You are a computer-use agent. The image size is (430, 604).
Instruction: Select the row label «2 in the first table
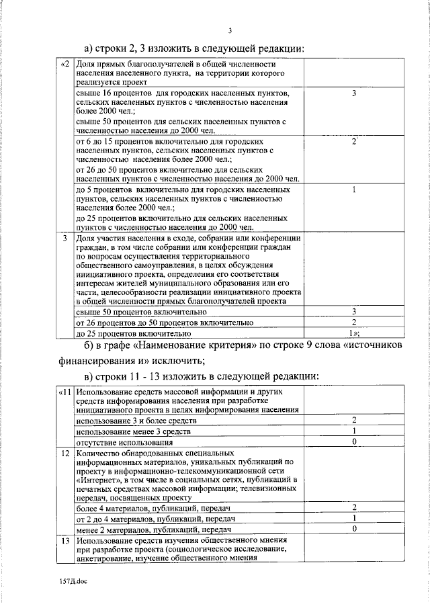pyautogui.click(x=64, y=64)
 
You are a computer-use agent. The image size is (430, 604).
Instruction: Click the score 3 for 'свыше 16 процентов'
pyautogui.click(x=353, y=93)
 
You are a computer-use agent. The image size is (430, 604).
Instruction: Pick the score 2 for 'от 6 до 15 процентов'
pyautogui.click(x=353, y=142)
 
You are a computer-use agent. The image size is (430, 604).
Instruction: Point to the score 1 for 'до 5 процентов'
pyautogui.click(x=353, y=190)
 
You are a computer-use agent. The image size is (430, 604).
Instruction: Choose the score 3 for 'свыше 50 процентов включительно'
pyautogui.click(x=353, y=312)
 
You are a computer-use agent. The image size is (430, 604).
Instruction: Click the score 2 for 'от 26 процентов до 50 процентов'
pyautogui.click(x=353, y=322)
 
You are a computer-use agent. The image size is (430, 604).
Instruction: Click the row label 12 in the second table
pyautogui.click(x=65, y=454)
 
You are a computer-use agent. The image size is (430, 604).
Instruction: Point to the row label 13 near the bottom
pyautogui.click(x=65, y=541)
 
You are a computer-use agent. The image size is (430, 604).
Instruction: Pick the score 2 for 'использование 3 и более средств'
pyautogui.click(x=353, y=420)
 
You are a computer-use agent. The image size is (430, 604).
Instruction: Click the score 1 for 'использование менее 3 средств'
pyautogui.click(x=353, y=431)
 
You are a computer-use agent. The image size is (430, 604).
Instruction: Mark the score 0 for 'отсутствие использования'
pyautogui.click(x=353, y=442)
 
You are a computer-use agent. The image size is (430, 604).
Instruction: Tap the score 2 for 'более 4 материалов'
pyautogui.click(x=353, y=508)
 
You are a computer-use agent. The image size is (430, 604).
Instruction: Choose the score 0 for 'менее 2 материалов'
pyautogui.click(x=353, y=529)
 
